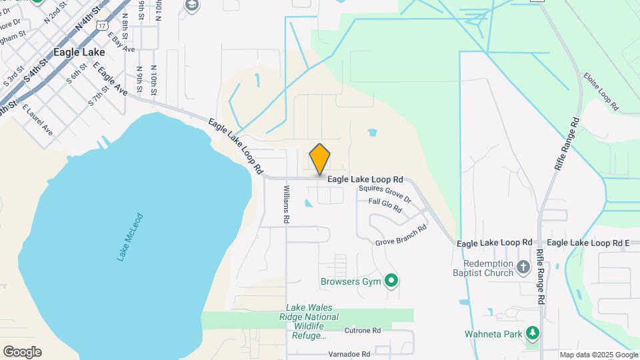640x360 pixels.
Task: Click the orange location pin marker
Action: (x=320, y=159)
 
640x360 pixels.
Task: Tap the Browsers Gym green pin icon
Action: (x=392, y=281)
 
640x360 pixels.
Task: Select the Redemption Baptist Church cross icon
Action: (x=523, y=267)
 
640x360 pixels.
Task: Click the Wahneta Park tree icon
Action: (x=531, y=333)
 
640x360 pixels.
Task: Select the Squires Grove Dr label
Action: (x=385, y=194)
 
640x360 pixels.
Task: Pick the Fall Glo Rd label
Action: (x=385, y=205)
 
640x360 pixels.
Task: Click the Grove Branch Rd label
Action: (x=401, y=236)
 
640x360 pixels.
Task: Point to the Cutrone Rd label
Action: (x=362, y=330)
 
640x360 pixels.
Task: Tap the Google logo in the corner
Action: (x=22, y=352)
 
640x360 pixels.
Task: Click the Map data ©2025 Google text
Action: (x=599, y=355)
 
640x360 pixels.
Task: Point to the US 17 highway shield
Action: (x=101, y=24)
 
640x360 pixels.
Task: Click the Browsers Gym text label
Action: (x=350, y=281)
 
